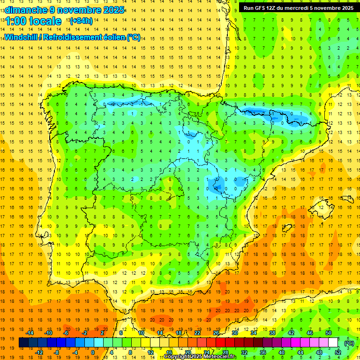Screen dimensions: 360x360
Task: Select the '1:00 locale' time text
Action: [33, 21]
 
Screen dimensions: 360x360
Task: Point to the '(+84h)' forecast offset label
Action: [81, 21]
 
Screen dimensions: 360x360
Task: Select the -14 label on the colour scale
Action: [30, 333]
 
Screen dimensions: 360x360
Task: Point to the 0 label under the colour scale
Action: [93, 352]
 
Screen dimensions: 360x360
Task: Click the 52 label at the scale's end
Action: [338, 352]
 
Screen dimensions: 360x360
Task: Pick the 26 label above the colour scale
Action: [216, 333]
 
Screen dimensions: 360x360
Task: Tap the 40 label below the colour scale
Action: [281, 352]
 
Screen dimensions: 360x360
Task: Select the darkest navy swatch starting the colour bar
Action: [23, 343]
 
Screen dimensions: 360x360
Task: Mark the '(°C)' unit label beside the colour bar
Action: [349, 343]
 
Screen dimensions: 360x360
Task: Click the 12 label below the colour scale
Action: [151, 352]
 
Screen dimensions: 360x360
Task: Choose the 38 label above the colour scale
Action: [272, 333]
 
